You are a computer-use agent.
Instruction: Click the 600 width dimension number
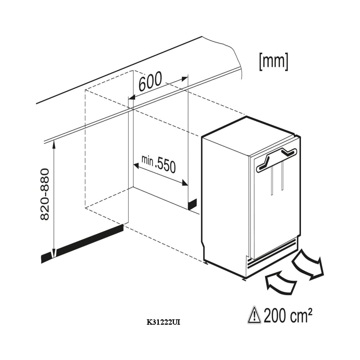150,81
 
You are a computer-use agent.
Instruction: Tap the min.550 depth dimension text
159,164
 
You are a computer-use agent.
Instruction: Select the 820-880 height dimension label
45,194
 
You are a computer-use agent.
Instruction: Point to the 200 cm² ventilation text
288,315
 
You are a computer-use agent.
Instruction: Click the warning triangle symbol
255,315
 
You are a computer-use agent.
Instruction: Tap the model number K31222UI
163,323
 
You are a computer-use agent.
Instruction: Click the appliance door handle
276,160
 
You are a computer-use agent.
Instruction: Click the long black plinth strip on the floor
82,244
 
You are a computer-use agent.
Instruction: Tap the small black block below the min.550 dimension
192,204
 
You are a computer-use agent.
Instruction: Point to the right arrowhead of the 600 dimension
185,79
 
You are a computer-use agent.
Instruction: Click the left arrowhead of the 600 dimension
131,98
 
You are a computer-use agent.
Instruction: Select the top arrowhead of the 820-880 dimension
54,144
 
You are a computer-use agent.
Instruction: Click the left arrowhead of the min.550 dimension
136,165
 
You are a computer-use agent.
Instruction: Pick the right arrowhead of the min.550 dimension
185,183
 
